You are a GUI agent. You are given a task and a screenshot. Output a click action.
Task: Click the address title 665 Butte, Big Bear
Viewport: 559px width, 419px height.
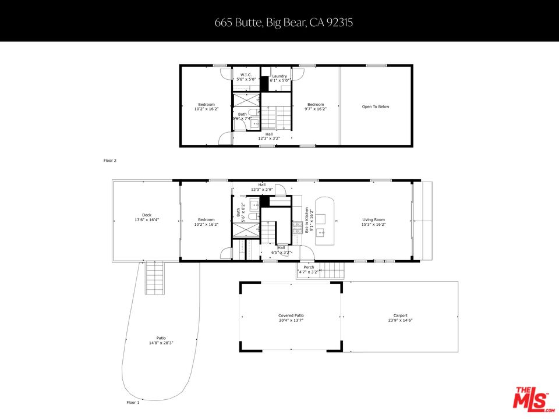[x=279, y=23]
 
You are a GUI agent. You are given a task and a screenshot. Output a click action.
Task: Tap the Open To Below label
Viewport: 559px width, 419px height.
[x=376, y=106]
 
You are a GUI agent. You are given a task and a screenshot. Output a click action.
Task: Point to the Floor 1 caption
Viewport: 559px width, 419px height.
[x=133, y=402]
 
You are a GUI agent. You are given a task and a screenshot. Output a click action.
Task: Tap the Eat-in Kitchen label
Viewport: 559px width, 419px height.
[x=309, y=221]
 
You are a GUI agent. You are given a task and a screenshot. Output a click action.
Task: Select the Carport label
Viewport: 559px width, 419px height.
[x=400, y=318]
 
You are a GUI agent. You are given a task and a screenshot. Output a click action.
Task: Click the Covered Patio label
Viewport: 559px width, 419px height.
[x=291, y=318]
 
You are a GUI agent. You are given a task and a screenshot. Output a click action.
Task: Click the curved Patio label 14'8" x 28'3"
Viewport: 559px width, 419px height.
[x=161, y=340]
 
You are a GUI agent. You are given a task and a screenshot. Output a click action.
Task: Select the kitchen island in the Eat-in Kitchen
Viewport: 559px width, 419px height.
[x=325, y=221]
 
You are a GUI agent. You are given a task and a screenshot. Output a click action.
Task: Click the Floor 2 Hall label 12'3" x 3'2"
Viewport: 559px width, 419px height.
[x=269, y=136]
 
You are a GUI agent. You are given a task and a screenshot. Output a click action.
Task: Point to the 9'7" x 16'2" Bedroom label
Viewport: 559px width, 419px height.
[x=316, y=106]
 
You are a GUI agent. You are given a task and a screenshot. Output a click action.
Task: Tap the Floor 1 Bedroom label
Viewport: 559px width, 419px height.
[x=206, y=221]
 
